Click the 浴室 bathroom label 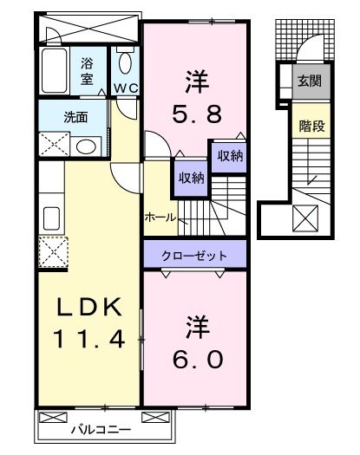coord(88,69)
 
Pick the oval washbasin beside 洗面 coord(84,145)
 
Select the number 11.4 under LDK coord(86,336)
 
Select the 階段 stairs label coord(311,126)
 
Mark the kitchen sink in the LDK coord(50,218)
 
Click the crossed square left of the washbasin coord(51,145)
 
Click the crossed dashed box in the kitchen coord(51,254)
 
